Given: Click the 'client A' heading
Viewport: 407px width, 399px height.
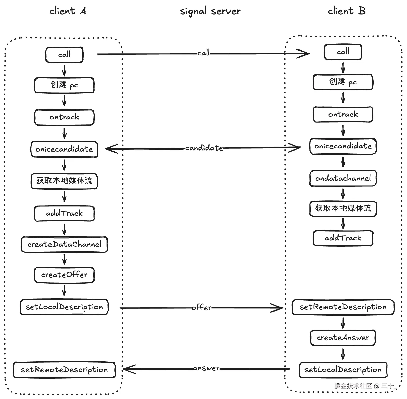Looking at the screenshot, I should (x=68, y=11).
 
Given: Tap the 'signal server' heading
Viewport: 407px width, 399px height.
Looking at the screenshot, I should (x=210, y=11).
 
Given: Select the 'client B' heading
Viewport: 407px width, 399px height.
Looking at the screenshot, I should (x=346, y=11).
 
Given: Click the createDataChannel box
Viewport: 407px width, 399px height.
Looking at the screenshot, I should (x=64, y=244).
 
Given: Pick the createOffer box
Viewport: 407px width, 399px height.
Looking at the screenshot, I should (x=64, y=275).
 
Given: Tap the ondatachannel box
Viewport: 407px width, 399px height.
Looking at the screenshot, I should (x=343, y=178).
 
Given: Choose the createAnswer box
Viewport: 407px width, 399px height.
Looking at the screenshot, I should (x=343, y=338).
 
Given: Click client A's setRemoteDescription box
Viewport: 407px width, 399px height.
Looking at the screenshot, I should (x=64, y=370).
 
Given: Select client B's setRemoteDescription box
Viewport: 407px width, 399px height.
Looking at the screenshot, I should (x=343, y=307).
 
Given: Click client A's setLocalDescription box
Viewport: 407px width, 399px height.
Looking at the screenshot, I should (x=64, y=307).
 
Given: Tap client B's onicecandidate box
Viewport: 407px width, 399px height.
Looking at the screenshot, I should (x=343, y=146).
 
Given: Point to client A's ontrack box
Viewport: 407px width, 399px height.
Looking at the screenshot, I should (x=64, y=117).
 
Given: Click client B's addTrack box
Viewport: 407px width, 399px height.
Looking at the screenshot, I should (x=343, y=238).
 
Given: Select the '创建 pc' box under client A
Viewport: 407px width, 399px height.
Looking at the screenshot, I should (x=64, y=85).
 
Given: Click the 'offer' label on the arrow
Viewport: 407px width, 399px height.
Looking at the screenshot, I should (x=201, y=308).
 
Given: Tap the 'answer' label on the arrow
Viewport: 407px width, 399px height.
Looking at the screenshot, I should (x=206, y=368).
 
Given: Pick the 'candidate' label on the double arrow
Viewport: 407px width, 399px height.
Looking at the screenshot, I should (x=204, y=148).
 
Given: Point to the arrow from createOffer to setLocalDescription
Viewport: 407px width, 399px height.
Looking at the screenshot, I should (x=64, y=290).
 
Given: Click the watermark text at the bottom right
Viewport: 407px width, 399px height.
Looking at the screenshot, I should (x=364, y=386).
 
